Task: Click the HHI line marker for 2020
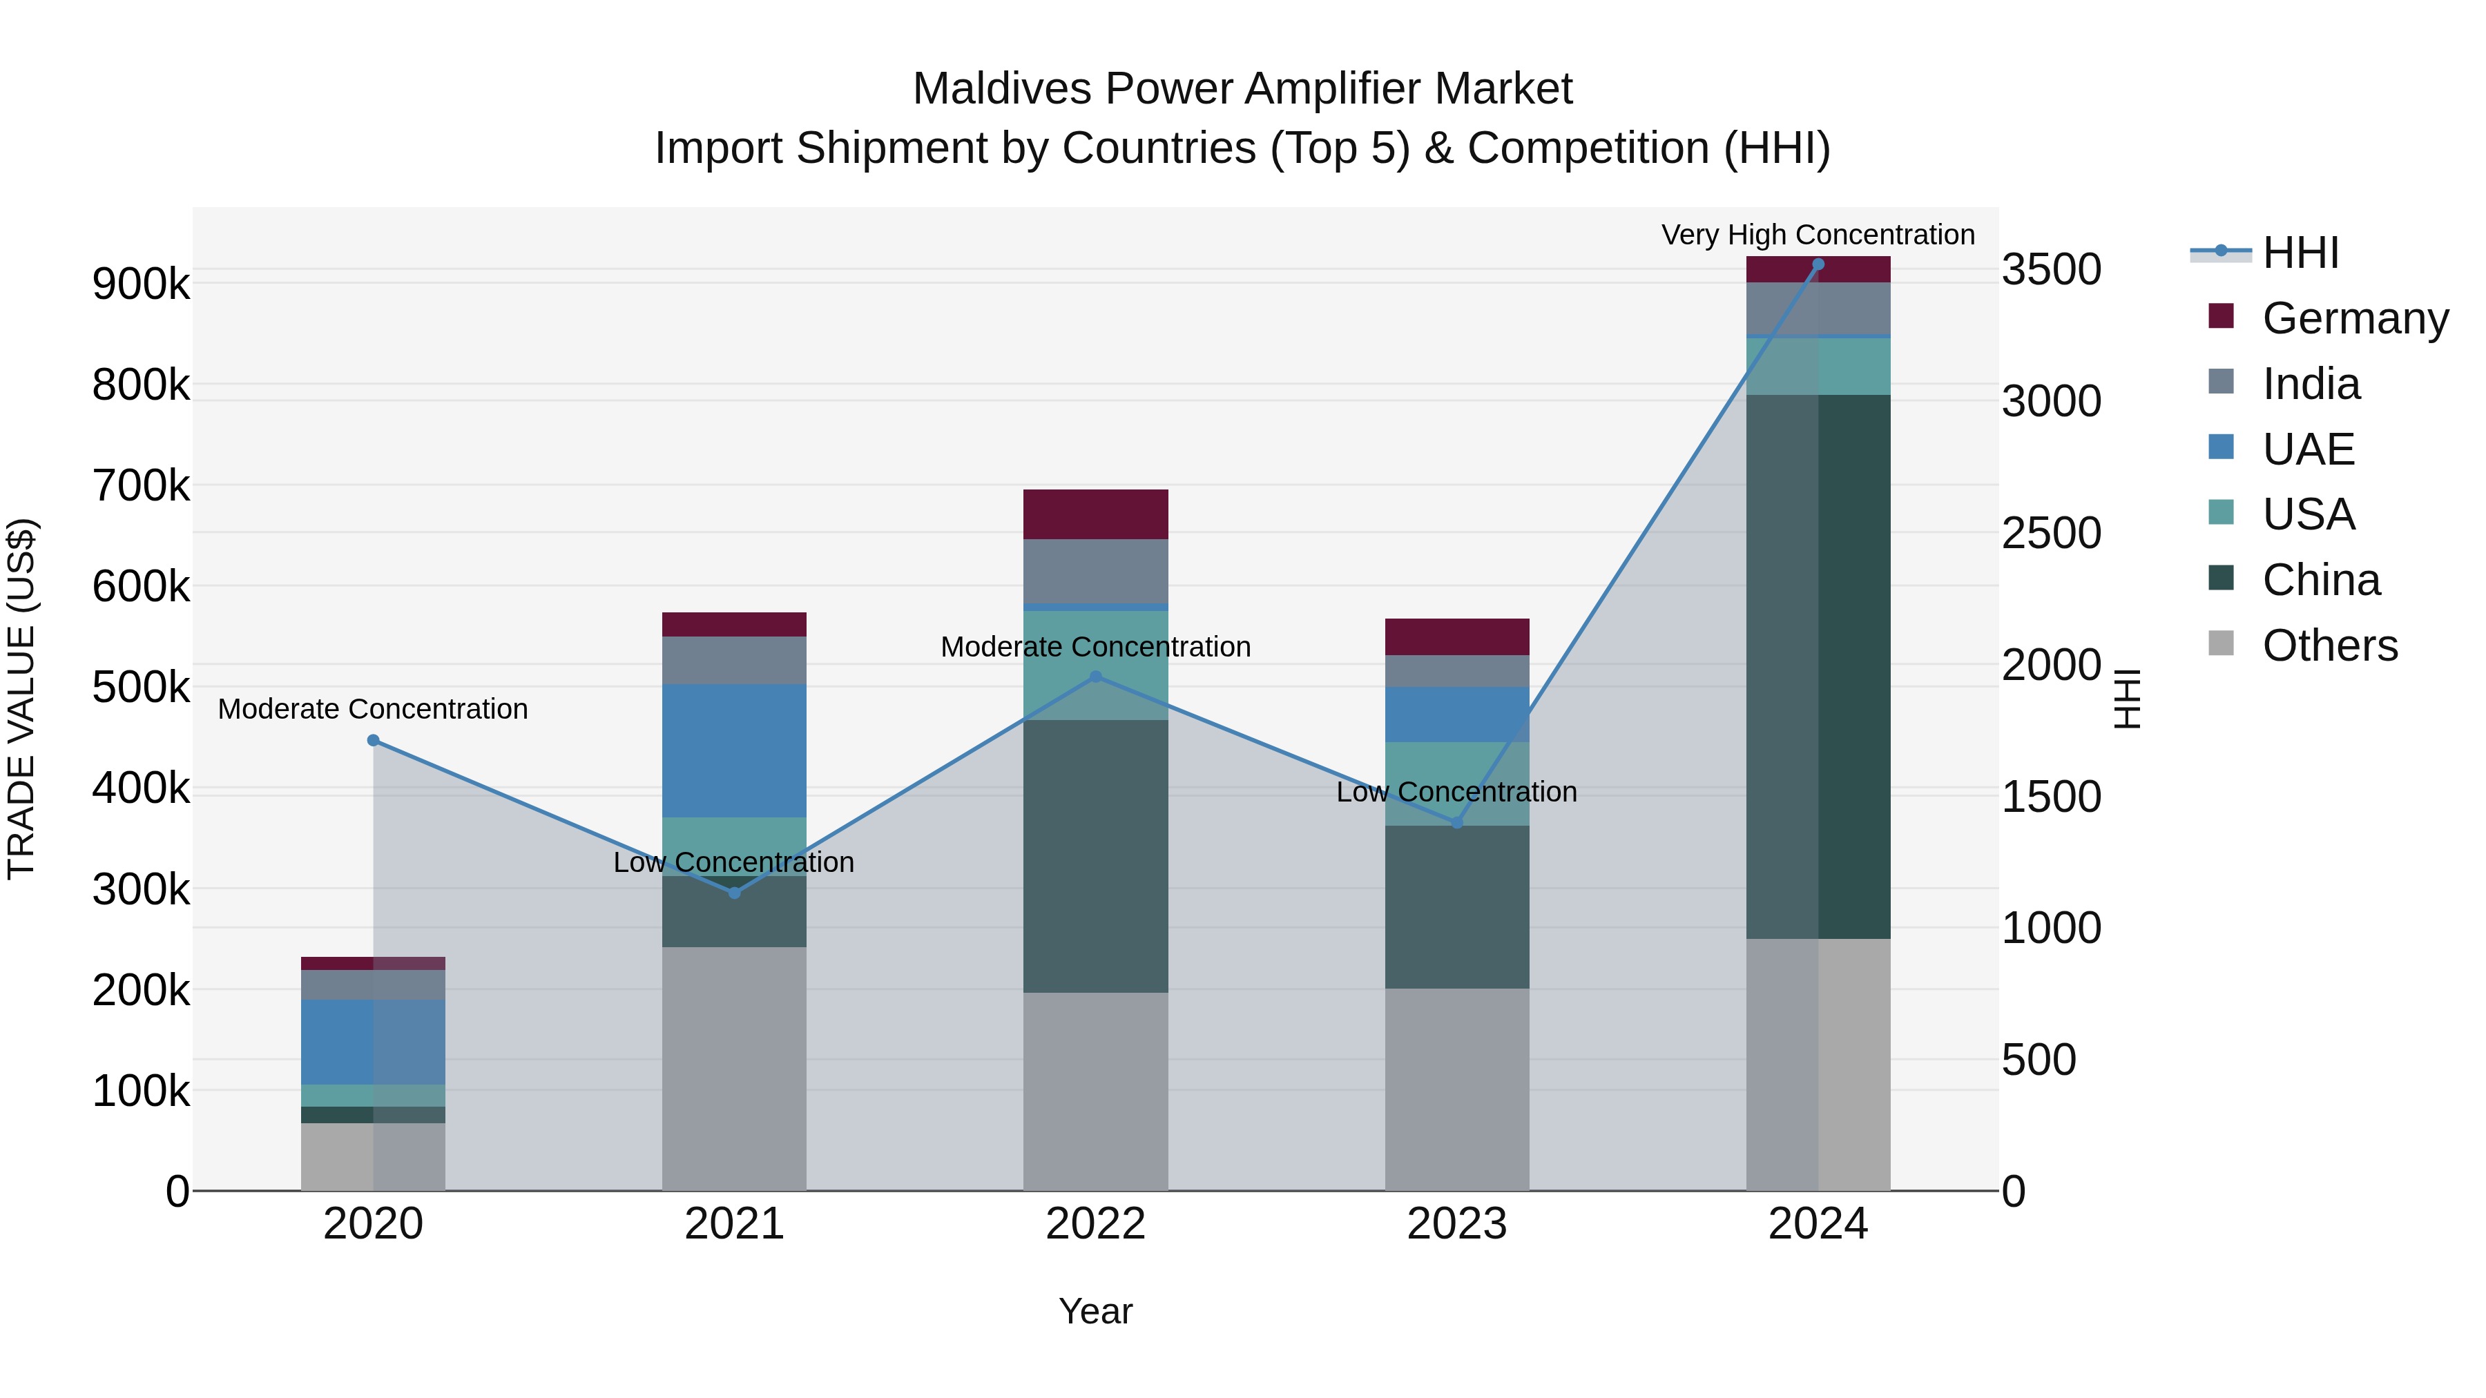pyautogui.click(x=374, y=740)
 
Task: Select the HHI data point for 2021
pyautogui.click(x=735, y=893)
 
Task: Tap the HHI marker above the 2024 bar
pyautogui.click(x=1818, y=264)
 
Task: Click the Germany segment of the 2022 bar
pyautogui.click(x=1095, y=514)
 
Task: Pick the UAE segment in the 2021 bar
pyautogui.click(x=735, y=750)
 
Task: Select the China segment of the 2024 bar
pyautogui.click(x=1818, y=666)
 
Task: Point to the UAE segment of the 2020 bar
pyautogui.click(x=374, y=1042)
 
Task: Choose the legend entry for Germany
pyautogui.click(x=2355, y=318)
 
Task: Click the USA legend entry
pyautogui.click(x=2309, y=514)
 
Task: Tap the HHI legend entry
pyautogui.click(x=2300, y=253)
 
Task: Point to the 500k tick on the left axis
pyautogui.click(x=141, y=688)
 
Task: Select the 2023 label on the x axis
pyautogui.click(x=1457, y=1224)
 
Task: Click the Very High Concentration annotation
pyautogui.click(x=1818, y=235)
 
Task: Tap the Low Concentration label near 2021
pyautogui.click(x=735, y=862)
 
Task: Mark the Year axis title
pyautogui.click(x=1095, y=1311)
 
